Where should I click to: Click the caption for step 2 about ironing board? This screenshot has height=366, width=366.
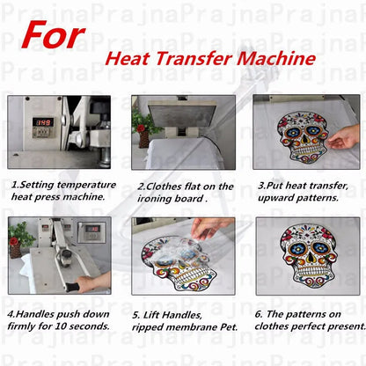tap(185, 192)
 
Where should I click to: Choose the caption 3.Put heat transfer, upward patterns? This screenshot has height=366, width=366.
tap(304, 191)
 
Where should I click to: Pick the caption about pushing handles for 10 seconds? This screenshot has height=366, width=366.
tap(58, 319)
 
